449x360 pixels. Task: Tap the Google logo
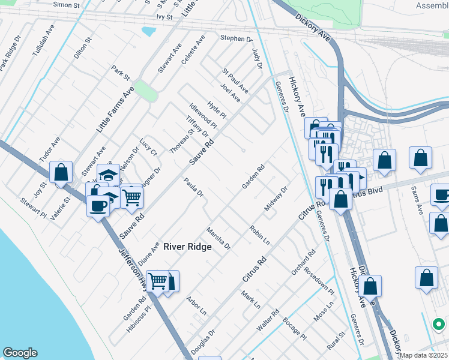(x=20, y=353)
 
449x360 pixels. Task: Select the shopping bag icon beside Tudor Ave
(x=61, y=172)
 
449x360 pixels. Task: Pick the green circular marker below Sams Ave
(x=439, y=325)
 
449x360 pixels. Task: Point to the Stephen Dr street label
(x=236, y=38)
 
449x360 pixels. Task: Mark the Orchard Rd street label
(x=303, y=262)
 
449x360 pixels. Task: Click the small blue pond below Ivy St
(x=148, y=31)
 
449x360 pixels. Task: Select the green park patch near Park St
(x=145, y=91)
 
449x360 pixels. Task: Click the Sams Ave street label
(x=418, y=204)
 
